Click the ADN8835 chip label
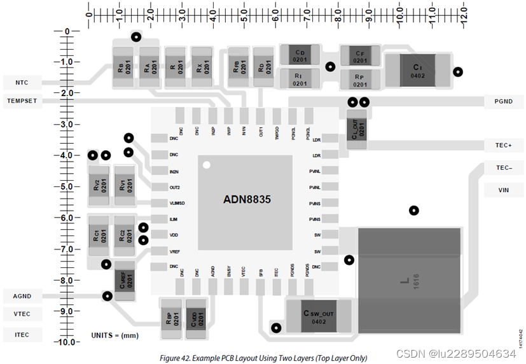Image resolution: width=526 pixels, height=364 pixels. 247,199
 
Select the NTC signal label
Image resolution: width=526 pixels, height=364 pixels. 22,82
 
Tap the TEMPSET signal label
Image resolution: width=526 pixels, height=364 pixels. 22,101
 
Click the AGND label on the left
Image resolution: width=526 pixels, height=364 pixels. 22,296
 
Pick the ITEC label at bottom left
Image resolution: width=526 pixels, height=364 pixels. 22,335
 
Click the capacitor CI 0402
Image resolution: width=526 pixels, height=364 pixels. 417,70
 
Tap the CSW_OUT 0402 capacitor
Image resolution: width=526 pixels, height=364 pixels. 318,316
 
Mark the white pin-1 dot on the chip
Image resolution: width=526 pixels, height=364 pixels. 206,165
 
